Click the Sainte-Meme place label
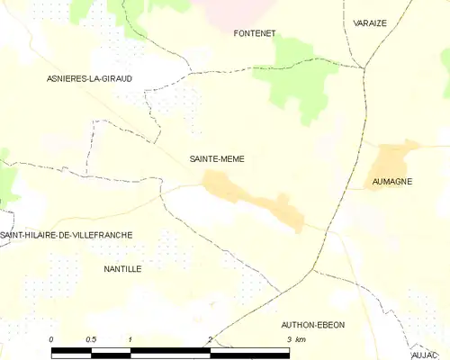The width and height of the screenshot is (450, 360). tap(217, 158)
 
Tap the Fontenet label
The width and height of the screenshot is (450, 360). tap(254, 33)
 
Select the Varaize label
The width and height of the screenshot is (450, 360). tap(370, 22)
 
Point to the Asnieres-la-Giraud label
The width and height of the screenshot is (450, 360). tap(89, 79)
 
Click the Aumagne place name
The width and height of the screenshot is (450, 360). tap(392, 182)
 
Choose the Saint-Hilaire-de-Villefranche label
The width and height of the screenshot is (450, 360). tap(67, 235)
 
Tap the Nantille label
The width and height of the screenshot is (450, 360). tap(122, 268)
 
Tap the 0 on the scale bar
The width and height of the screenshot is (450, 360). tap(52, 339)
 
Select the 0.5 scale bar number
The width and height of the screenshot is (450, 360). tap(91, 339)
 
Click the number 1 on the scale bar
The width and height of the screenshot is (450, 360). tap(130, 339)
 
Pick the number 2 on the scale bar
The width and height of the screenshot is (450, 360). tap(209, 339)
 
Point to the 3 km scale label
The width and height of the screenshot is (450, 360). tap(294, 339)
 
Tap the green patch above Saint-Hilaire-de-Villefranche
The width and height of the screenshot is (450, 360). tap(8, 180)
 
